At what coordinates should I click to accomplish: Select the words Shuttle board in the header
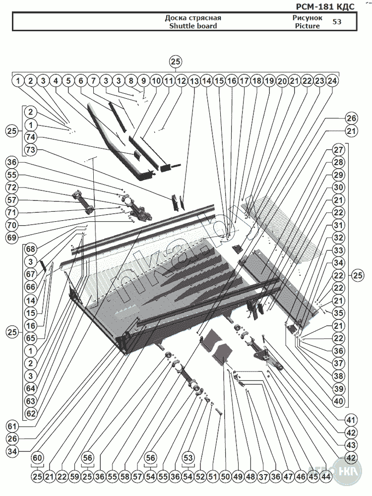click(193, 26)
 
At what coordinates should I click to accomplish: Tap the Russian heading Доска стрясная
click(193, 18)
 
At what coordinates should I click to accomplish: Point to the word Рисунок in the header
click(308, 18)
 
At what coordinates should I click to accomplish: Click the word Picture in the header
click(307, 26)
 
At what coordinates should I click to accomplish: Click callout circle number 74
click(30, 137)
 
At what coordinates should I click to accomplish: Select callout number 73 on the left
click(30, 149)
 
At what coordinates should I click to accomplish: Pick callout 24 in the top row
click(333, 80)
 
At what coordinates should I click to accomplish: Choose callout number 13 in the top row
click(194, 80)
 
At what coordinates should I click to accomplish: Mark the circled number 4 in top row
click(56, 80)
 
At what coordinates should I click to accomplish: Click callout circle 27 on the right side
click(338, 149)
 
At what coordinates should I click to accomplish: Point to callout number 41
click(338, 418)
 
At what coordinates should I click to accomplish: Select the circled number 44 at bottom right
click(326, 477)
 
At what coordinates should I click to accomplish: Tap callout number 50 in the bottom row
click(225, 477)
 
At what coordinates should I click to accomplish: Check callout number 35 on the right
click(338, 313)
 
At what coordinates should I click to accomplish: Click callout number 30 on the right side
click(338, 187)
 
